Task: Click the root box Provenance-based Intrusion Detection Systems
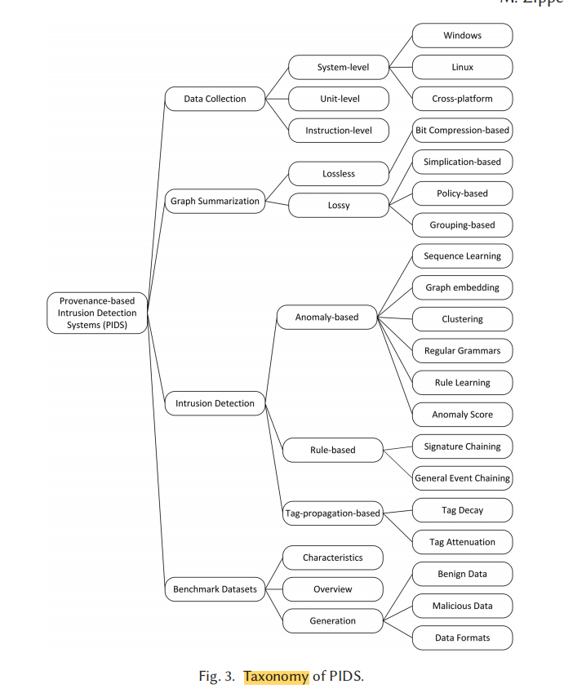pyautogui.click(x=97, y=313)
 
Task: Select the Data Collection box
pyautogui.click(x=215, y=99)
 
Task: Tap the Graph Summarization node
pyautogui.click(x=215, y=201)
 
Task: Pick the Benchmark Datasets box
pyautogui.click(x=215, y=589)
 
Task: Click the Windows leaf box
pyautogui.click(x=462, y=36)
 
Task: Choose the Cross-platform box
pyautogui.click(x=462, y=99)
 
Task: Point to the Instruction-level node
pyautogui.click(x=339, y=130)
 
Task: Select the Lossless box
pyautogui.click(x=339, y=174)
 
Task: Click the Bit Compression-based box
pyautogui.click(x=462, y=130)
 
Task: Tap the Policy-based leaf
pyautogui.click(x=462, y=193)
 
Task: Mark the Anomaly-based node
pyautogui.click(x=326, y=317)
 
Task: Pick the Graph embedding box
pyautogui.click(x=462, y=287)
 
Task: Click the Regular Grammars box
pyautogui.click(x=462, y=351)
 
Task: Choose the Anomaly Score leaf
pyautogui.click(x=462, y=415)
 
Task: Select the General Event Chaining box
pyautogui.click(x=462, y=478)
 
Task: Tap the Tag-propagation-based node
pyautogui.click(x=332, y=513)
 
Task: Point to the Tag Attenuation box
pyautogui.click(x=462, y=542)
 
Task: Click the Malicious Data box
pyautogui.click(x=462, y=606)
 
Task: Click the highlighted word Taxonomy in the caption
pyautogui.click(x=276, y=676)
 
